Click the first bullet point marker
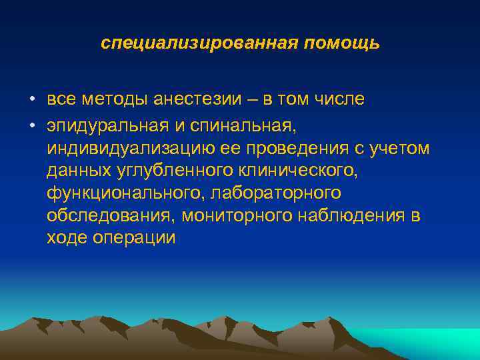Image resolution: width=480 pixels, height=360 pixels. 32,101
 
